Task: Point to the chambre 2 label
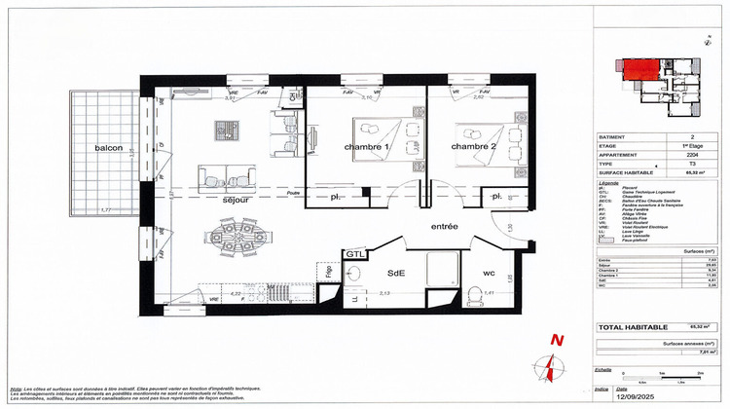[x=475, y=147]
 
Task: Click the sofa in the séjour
[x=226, y=175]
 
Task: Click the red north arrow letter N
[x=557, y=340]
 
